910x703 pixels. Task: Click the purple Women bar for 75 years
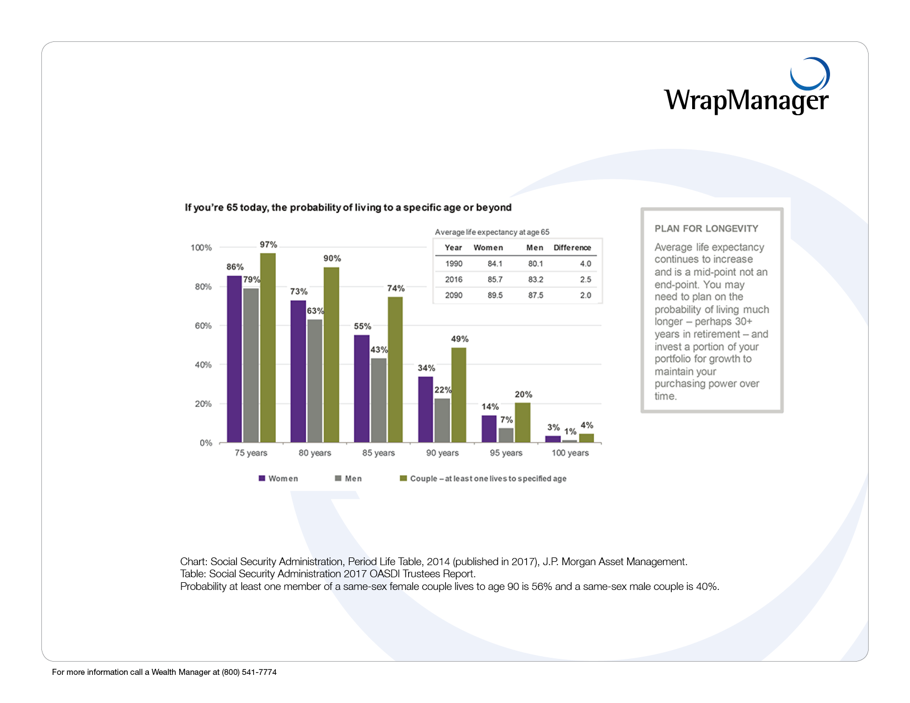(234, 359)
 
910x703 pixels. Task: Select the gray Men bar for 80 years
(315, 381)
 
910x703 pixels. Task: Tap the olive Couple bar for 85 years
(395, 369)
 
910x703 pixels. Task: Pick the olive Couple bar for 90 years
(459, 395)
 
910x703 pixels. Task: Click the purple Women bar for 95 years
(489, 428)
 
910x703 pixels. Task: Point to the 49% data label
(459, 339)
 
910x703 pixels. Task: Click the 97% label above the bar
(269, 245)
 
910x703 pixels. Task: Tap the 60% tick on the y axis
(203, 326)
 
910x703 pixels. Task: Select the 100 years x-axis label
(570, 453)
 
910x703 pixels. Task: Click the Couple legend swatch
(403, 478)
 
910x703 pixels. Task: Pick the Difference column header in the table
(572, 248)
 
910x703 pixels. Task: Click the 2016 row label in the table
(454, 280)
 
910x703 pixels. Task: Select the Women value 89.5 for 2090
(495, 296)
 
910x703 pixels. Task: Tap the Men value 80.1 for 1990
(536, 264)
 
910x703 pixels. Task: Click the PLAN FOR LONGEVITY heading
(706, 229)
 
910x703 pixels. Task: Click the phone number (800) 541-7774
(249, 672)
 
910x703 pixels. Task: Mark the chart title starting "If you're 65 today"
(348, 208)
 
